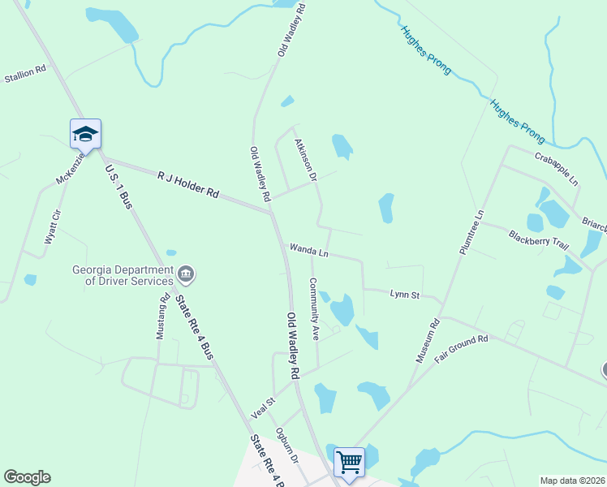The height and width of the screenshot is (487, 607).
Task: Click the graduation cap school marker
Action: click(x=85, y=134)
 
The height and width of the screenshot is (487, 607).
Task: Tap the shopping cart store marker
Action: click(x=350, y=463)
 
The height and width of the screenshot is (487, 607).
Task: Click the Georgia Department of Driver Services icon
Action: click(x=186, y=274)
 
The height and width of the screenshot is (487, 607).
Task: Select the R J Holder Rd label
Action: click(x=188, y=183)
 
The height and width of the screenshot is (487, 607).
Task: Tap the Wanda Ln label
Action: click(x=308, y=250)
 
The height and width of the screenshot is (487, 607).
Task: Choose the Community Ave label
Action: click(x=313, y=308)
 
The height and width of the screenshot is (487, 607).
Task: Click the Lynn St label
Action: click(x=404, y=295)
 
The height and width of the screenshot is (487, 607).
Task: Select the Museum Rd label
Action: click(x=428, y=340)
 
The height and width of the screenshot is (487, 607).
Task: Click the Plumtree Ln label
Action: click(x=471, y=233)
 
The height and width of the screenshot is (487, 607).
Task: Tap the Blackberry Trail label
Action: click(x=534, y=241)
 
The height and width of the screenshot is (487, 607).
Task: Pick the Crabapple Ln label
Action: click(x=556, y=167)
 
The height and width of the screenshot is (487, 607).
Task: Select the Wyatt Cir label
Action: click(x=51, y=227)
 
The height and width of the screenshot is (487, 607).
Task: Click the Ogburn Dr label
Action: click(x=287, y=444)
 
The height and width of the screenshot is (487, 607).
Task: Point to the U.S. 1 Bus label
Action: click(x=118, y=187)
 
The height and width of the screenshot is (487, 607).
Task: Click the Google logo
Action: click(x=27, y=477)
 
